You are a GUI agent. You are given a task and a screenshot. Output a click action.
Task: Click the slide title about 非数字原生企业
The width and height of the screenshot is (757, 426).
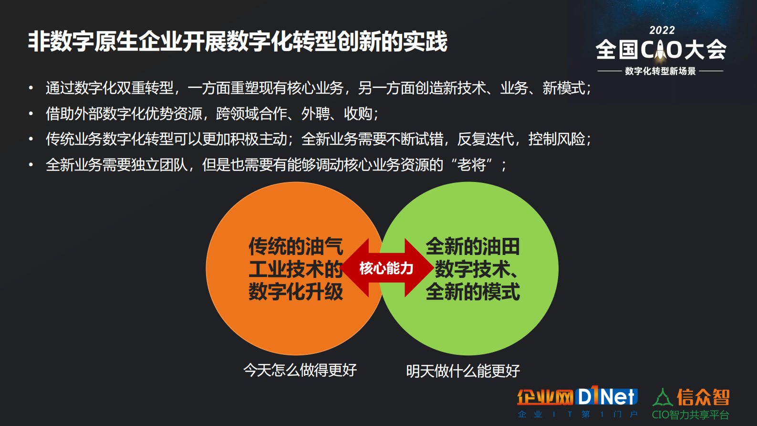tap(238, 42)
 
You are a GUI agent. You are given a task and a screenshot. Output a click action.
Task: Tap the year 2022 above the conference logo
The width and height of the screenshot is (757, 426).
tap(662, 30)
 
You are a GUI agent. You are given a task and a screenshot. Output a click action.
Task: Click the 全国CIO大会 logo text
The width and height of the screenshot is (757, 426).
tap(661, 50)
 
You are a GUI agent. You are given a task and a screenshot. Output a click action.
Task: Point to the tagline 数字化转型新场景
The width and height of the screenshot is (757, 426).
tap(660, 71)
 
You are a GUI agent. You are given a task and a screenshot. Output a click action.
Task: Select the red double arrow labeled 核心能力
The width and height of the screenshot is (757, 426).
tap(386, 268)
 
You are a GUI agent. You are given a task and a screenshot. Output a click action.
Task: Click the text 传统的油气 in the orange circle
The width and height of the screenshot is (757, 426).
tap(296, 246)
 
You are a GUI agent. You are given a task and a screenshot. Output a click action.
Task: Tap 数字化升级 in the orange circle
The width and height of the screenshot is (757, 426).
tap(296, 292)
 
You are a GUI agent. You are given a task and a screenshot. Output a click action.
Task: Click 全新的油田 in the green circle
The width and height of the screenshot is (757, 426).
tap(472, 246)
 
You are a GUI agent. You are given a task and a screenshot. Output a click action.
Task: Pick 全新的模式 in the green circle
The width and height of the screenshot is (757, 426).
tap(472, 292)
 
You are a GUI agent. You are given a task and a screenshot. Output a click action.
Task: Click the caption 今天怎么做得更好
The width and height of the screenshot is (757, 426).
tap(300, 370)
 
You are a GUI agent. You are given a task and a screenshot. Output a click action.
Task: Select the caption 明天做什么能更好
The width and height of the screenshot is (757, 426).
tap(463, 371)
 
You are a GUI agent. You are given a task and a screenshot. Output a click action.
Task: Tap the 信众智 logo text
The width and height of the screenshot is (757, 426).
tap(703, 397)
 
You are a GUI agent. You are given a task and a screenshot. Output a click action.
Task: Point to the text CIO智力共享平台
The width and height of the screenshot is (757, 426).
tap(690, 415)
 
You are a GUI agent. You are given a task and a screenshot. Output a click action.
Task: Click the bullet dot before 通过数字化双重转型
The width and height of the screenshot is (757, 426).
tap(31, 88)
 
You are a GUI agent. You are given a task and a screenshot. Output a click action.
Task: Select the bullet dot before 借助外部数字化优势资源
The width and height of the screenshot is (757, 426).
tap(31, 114)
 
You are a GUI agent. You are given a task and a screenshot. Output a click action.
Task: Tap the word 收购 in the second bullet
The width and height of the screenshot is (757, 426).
tap(358, 114)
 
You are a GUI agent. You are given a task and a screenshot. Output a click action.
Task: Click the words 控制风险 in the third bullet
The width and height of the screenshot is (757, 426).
tap(556, 139)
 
